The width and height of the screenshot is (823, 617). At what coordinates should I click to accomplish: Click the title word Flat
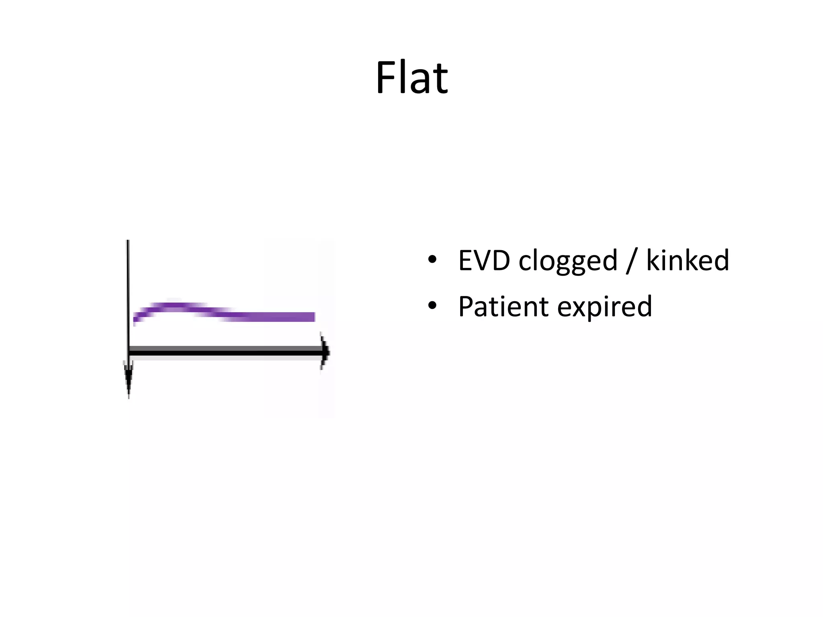[x=411, y=77]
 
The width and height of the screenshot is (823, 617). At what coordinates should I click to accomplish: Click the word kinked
[x=687, y=260]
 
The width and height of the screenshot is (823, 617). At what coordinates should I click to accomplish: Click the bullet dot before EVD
[x=432, y=260]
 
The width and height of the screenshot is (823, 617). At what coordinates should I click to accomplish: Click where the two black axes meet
[x=129, y=352]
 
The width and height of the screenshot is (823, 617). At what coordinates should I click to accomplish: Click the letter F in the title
[x=385, y=77]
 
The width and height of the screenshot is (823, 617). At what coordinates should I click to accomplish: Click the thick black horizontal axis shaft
[x=225, y=352]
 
